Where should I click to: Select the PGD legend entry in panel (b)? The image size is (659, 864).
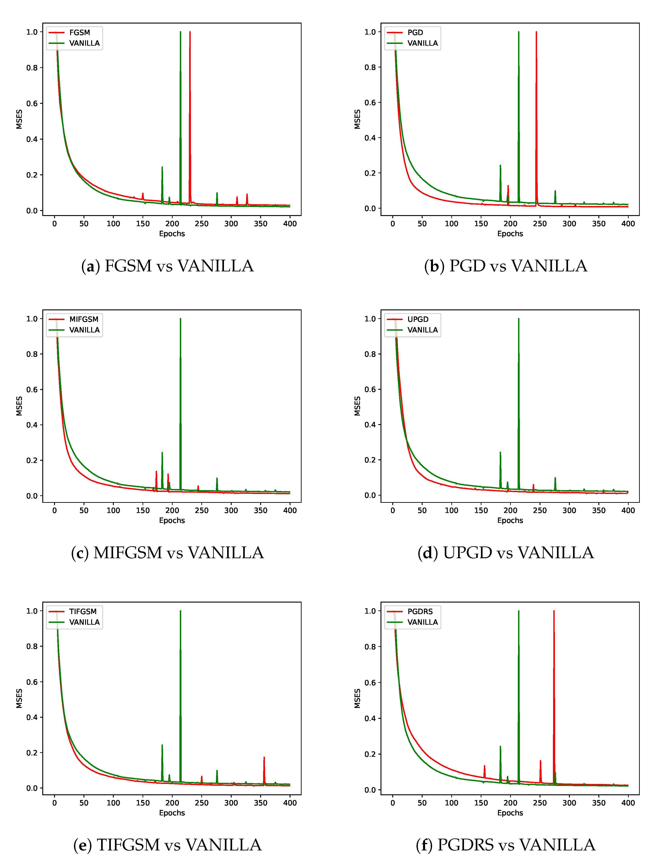[x=415, y=33]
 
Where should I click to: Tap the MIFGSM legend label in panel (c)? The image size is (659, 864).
[x=83, y=319]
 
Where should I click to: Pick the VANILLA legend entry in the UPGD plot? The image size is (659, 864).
[x=422, y=330]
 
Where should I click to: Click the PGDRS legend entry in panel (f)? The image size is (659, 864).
[x=420, y=611]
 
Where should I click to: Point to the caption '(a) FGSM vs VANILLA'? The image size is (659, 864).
[x=167, y=266]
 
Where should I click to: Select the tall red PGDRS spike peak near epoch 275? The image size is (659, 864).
[x=554, y=611]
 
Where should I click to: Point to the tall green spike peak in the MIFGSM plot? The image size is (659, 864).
[x=181, y=319]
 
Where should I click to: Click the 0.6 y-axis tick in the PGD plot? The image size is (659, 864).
[x=370, y=103]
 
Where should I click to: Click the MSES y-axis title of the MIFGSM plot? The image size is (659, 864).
[x=19, y=406]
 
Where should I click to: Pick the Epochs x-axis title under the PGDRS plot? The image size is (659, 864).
[x=510, y=813]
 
